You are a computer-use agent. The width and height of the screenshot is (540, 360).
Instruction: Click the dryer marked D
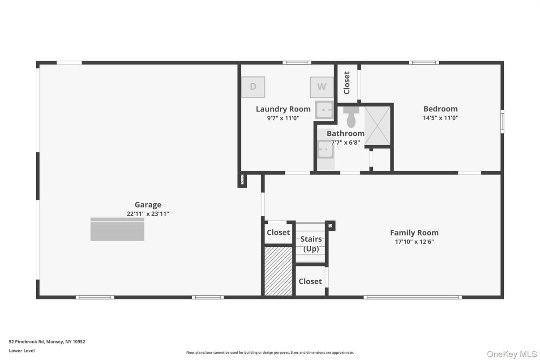click(x=253, y=87)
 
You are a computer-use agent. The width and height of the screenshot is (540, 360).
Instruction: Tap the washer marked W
click(x=321, y=87)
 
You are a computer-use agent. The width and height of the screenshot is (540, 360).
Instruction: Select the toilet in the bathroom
click(x=351, y=118)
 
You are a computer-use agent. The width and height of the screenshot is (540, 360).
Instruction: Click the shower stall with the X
click(x=377, y=126)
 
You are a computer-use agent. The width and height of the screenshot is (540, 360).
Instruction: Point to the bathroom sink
click(x=325, y=150)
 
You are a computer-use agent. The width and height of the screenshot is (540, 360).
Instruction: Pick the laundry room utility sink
click(x=324, y=110)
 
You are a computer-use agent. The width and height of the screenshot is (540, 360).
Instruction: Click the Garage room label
click(x=148, y=205)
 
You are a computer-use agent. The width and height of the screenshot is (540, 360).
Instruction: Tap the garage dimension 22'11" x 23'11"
click(x=148, y=214)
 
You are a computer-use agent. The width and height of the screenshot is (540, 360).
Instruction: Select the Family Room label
click(x=414, y=232)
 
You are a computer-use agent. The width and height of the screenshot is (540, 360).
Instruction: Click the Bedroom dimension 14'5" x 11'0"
click(x=441, y=118)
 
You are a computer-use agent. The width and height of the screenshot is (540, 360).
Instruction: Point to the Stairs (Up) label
click(x=311, y=244)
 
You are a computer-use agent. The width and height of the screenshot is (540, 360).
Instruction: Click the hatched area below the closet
click(x=278, y=271)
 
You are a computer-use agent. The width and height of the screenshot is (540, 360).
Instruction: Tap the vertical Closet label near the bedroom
click(x=347, y=83)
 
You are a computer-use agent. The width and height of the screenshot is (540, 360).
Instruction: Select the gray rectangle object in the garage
click(x=117, y=230)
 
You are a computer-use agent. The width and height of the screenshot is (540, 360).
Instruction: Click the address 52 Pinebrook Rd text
click(x=47, y=342)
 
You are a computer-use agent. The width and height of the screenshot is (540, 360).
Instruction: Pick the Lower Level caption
click(x=21, y=351)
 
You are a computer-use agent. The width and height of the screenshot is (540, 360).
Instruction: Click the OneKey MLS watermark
click(x=512, y=354)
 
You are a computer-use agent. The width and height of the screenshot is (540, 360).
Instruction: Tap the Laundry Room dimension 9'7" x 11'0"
click(x=283, y=118)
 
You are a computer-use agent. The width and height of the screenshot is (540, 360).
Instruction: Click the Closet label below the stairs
click(x=310, y=281)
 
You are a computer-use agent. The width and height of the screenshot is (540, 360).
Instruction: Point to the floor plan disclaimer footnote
click(x=270, y=353)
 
